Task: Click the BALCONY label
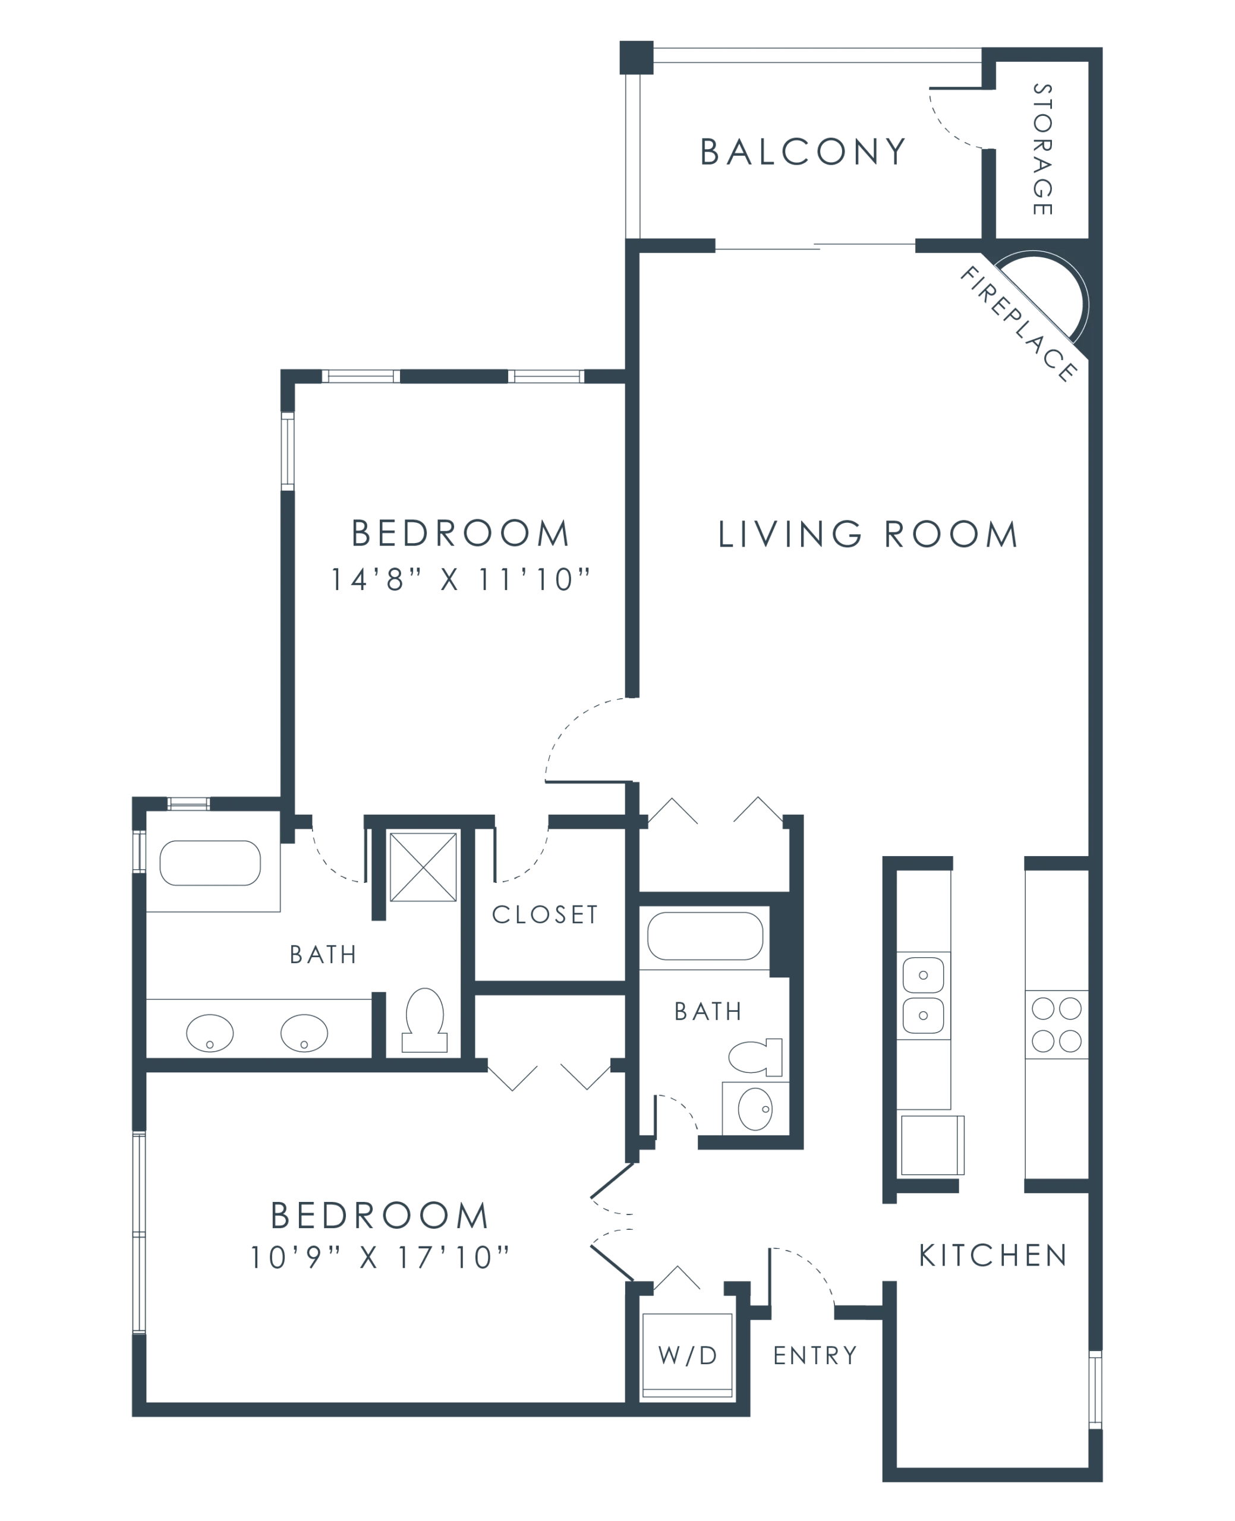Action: click(802, 152)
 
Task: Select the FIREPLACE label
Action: click(1019, 324)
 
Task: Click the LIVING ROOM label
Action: click(868, 535)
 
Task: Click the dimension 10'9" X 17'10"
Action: click(380, 1257)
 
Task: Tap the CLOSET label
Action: click(545, 914)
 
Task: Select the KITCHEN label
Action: click(993, 1256)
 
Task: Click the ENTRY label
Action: click(815, 1356)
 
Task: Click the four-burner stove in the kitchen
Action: click(1057, 1025)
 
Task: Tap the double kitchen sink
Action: click(924, 996)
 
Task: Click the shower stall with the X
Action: click(423, 867)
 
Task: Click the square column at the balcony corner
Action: click(636, 58)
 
